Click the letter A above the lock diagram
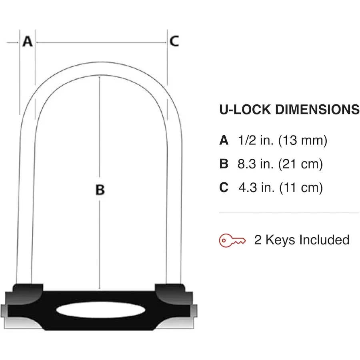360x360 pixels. click(x=27, y=41)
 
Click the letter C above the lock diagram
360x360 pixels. click(x=174, y=41)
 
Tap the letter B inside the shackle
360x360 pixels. click(x=100, y=190)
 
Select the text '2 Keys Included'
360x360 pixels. click(x=302, y=240)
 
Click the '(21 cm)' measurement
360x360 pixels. click(x=300, y=164)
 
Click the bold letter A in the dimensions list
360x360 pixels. click(x=224, y=140)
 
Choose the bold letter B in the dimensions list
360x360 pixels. click(x=224, y=164)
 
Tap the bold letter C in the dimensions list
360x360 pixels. click(x=224, y=188)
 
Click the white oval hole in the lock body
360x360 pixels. click(x=100, y=310)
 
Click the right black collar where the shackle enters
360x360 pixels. click(x=170, y=289)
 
